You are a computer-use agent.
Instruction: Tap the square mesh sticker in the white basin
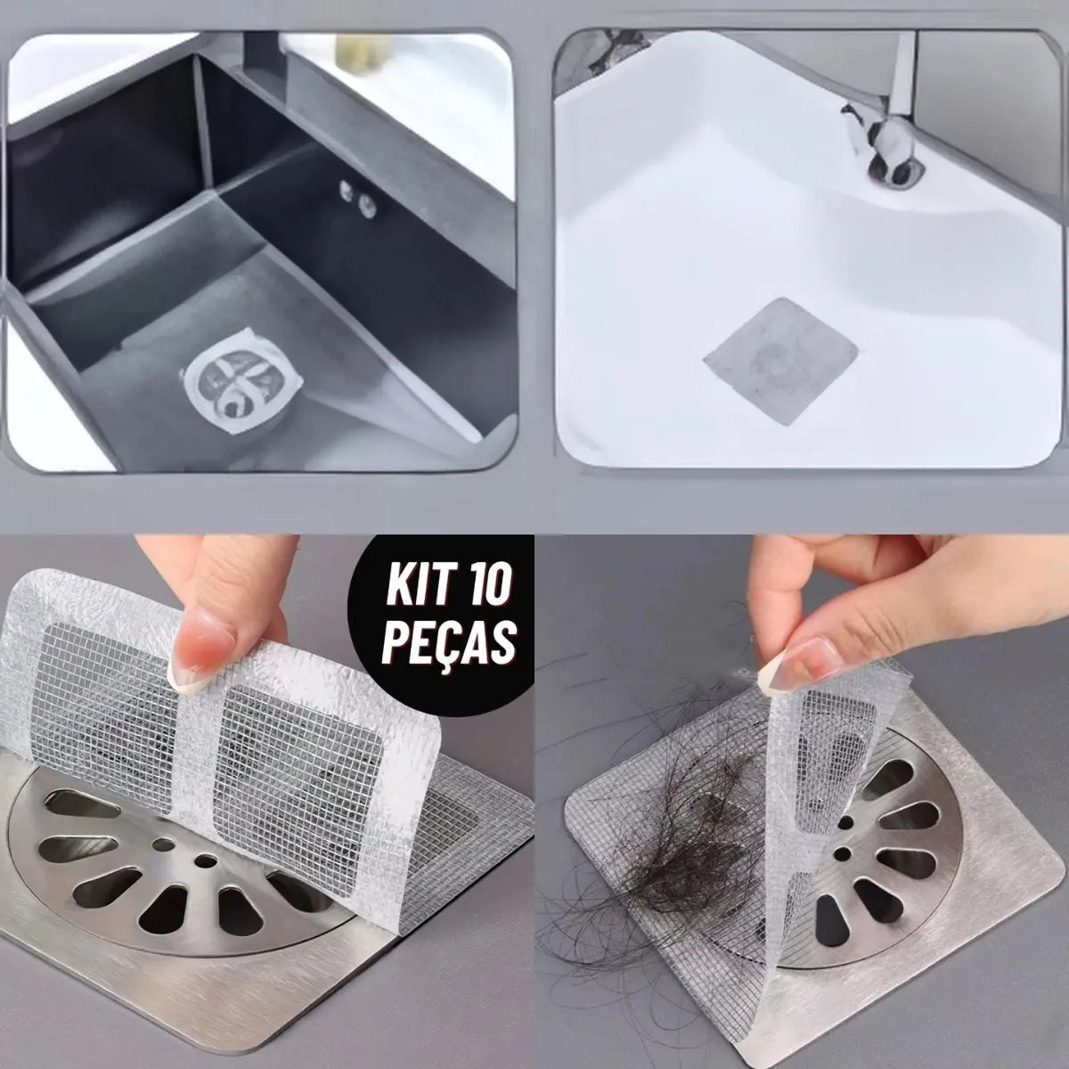coord(780,360)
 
